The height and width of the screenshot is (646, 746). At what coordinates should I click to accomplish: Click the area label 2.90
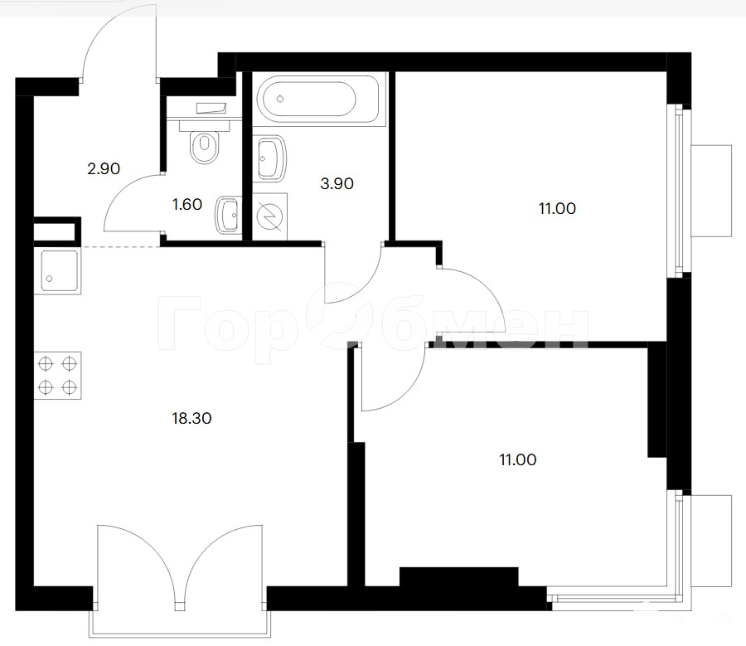[x=104, y=168]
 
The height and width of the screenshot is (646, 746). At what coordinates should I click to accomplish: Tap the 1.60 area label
[x=187, y=204]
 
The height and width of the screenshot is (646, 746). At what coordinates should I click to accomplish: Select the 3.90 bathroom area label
[x=337, y=183]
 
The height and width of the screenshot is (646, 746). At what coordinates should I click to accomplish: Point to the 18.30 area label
[x=191, y=418]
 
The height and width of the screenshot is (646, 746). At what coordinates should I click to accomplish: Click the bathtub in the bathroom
[x=318, y=99]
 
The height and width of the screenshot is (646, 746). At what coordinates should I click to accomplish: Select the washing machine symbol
[x=269, y=216]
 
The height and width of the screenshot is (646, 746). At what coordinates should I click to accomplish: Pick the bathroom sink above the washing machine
[x=271, y=158]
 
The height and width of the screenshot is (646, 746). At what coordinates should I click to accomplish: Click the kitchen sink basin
[x=60, y=270]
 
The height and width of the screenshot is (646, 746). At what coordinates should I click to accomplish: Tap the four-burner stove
[x=57, y=376]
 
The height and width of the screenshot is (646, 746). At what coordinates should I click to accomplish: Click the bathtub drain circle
[x=280, y=99]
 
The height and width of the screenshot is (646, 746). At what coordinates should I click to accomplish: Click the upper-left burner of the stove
[x=46, y=364]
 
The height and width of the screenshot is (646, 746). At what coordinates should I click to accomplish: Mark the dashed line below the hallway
[x=121, y=246]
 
